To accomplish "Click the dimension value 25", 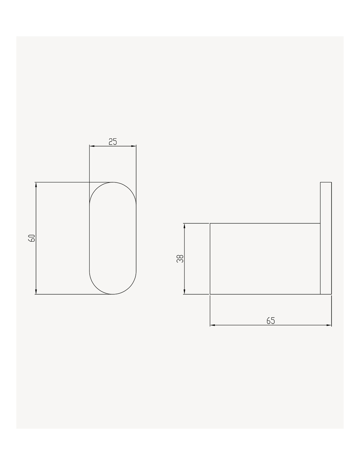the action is tap(113, 142).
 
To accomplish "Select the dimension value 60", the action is tap(31, 238).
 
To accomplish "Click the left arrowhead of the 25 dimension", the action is tap(92, 146).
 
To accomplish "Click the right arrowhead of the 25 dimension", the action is tap(134, 146).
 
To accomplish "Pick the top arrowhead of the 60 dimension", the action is tap(36, 185).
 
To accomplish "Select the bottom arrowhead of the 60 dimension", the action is tap(36, 292).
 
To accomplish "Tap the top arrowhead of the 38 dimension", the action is tap(184, 226).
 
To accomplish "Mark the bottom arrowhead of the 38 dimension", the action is tap(184, 292).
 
